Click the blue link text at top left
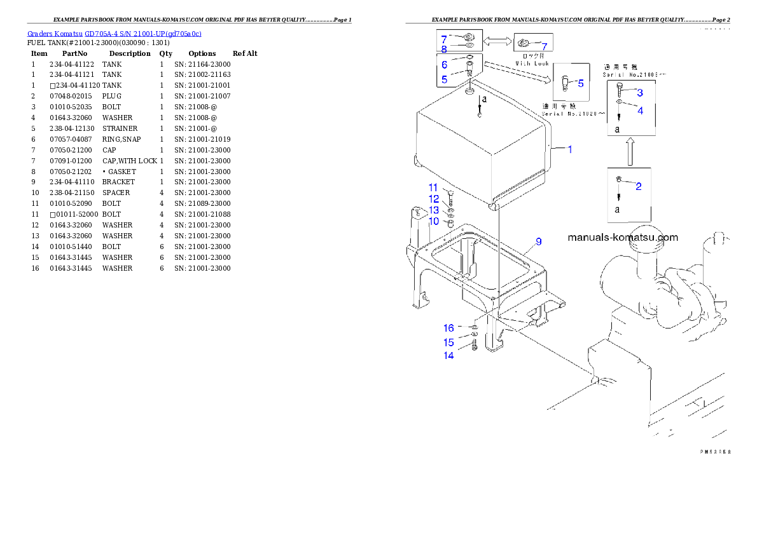coord(115,34)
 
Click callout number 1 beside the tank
coord(570,149)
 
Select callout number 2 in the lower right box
coord(639,186)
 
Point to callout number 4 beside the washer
coord(641,110)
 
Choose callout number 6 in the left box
coord(444,65)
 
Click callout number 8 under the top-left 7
coord(444,48)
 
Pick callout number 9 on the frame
coord(538,241)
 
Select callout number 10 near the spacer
coord(434,221)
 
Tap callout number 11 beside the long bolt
coord(433,187)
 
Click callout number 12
coord(433,199)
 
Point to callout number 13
coord(433,210)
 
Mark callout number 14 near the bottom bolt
coord(449,355)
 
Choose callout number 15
coord(449,342)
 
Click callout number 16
coord(449,328)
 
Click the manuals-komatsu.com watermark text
coord(622,238)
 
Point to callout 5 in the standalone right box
coord(581,83)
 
